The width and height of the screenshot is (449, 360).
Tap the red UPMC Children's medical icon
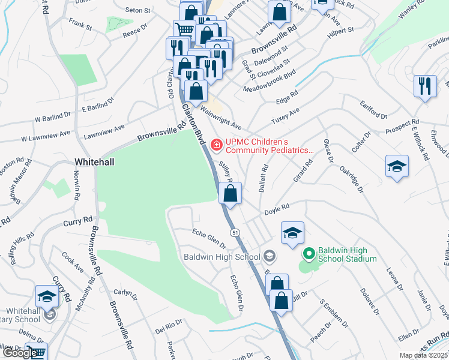coord(216,145)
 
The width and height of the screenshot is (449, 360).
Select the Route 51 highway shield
coord(235,232)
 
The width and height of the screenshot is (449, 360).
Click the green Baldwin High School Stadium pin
coord(309,254)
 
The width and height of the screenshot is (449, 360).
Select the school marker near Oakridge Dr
coord(397,166)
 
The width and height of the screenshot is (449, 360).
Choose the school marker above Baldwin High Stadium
coord(292,233)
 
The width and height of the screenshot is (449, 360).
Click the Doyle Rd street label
coord(277,209)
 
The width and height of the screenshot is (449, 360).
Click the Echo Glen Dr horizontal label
coord(209,237)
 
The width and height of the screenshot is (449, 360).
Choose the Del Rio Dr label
coord(169,329)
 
